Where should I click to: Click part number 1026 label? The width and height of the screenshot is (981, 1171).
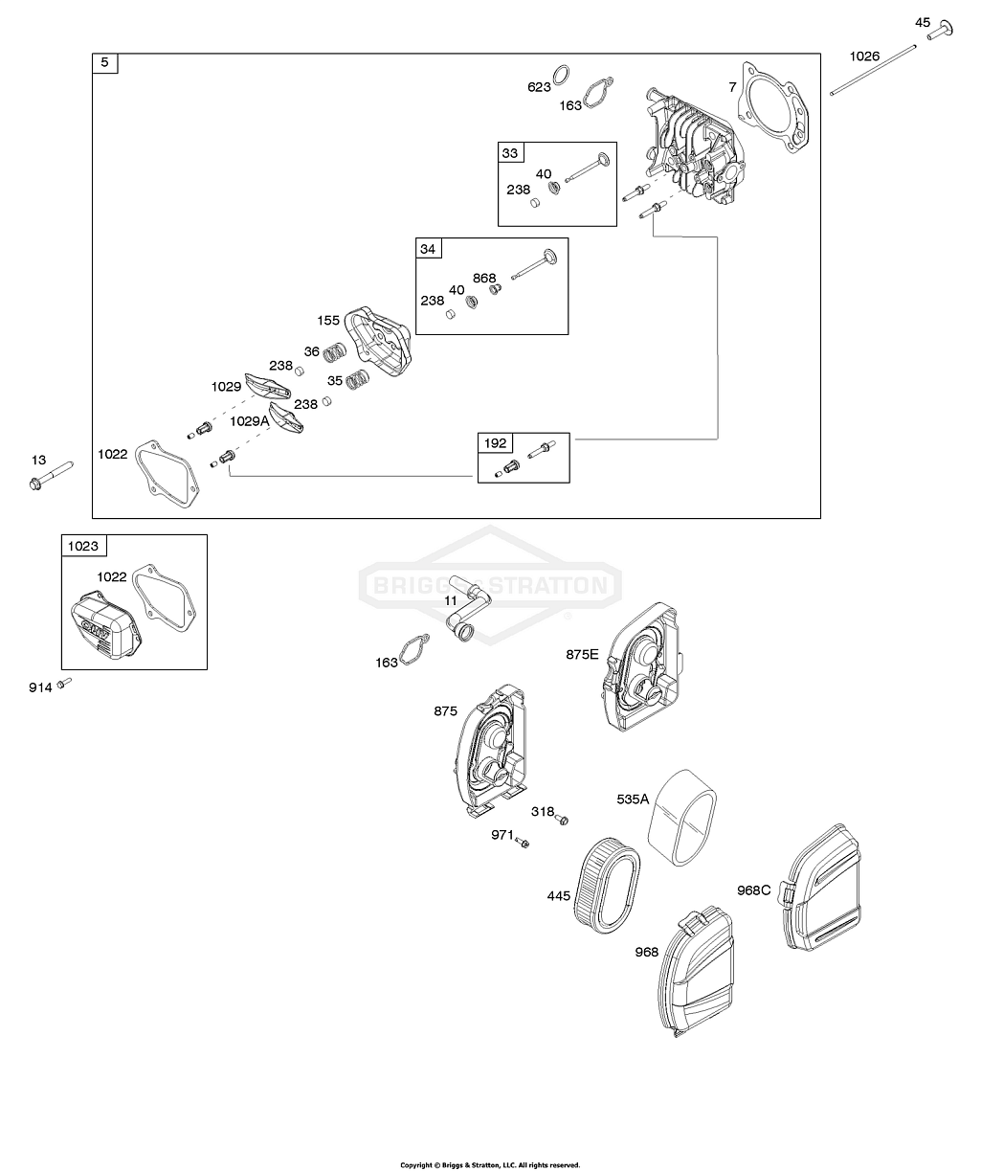click(x=864, y=56)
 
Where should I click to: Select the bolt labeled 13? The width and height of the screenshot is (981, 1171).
click(x=53, y=474)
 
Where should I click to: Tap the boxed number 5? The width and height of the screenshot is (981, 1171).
click(x=104, y=64)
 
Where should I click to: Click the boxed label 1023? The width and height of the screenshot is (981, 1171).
click(x=83, y=546)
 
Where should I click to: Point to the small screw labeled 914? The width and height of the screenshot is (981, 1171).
click(x=64, y=683)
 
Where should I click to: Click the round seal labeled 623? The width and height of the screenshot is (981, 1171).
click(x=566, y=74)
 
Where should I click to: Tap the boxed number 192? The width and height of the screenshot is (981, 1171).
click(x=495, y=443)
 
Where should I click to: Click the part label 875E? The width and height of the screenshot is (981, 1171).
click(x=581, y=654)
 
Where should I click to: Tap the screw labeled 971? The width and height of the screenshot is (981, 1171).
click(x=524, y=842)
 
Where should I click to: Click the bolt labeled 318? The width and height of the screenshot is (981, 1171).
click(x=564, y=819)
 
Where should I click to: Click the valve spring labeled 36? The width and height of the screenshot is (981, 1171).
click(x=334, y=353)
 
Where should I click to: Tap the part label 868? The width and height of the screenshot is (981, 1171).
click(x=484, y=278)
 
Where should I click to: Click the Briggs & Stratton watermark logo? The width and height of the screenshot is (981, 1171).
click(x=489, y=582)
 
